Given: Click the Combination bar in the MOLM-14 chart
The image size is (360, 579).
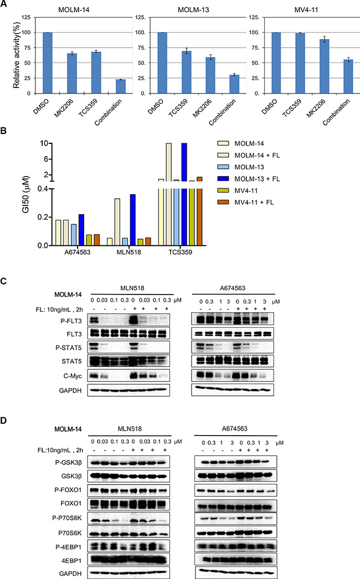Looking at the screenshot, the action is pyautogui.click(x=121, y=86).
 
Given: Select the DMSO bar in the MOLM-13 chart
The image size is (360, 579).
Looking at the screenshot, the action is pyautogui.click(x=162, y=63).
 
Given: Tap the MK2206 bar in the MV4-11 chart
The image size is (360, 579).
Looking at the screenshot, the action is pyautogui.click(x=324, y=66).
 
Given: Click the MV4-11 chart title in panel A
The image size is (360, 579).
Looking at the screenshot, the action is pyautogui.click(x=306, y=9).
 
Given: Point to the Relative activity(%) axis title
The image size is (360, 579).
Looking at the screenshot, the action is pyautogui.click(x=16, y=55).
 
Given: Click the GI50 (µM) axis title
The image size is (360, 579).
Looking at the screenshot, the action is pyautogui.click(x=25, y=194).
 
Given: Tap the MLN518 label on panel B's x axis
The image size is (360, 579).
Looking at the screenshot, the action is pyautogui.click(x=128, y=252).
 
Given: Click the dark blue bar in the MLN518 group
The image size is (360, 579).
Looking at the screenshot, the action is pyautogui.click(x=133, y=220).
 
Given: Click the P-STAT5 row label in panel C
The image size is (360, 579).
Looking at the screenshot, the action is pyautogui.click(x=71, y=348).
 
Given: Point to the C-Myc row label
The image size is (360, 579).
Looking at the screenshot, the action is pyautogui.click(x=73, y=376).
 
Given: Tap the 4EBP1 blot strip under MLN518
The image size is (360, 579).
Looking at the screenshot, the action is pyautogui.click(x=128, y=560).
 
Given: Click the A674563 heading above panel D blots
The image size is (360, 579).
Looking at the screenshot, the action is pyautogui.click(x=235, y=428).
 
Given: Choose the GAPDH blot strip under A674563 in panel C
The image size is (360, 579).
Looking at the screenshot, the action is pyautogui.click(x=233, y=390).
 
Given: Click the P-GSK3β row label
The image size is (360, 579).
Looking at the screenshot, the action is pyautogui.click(x=69, y=462).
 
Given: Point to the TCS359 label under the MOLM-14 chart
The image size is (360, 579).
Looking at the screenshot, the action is pyautogui.click(x=88, y=108).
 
